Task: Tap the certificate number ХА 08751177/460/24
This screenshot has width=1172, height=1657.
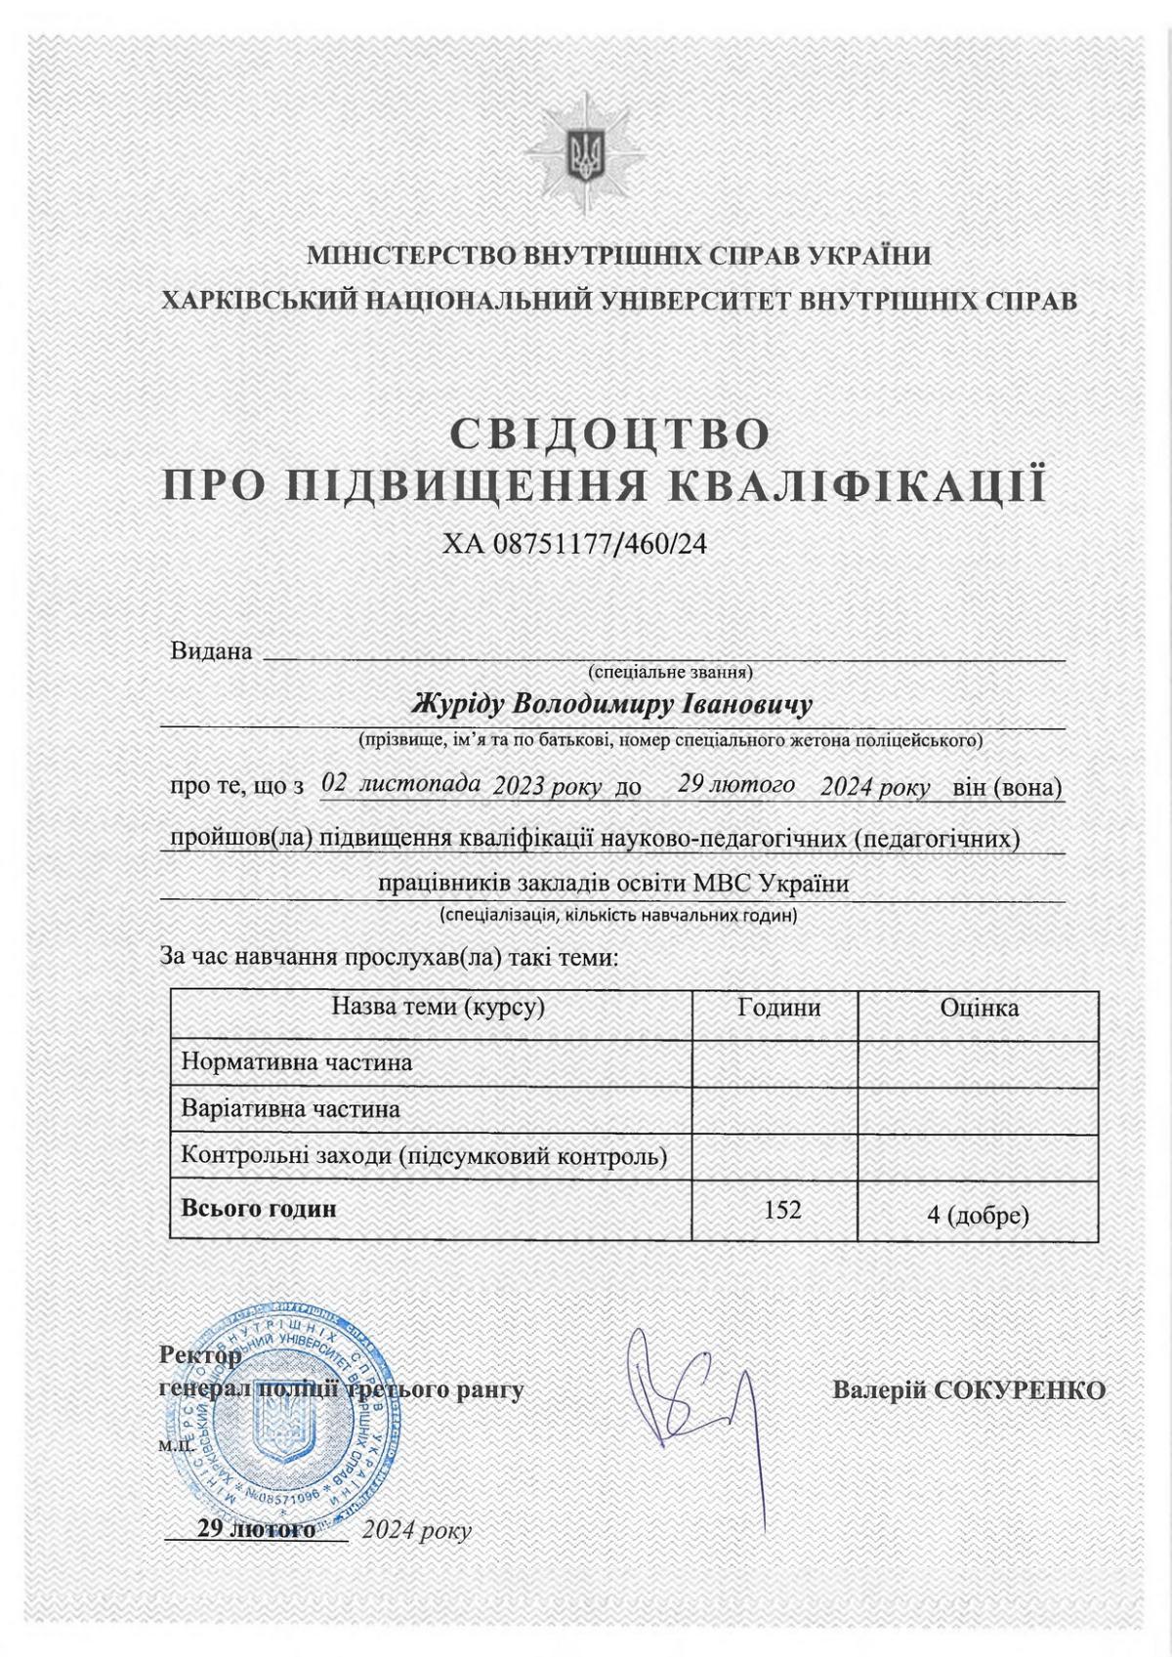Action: coord(573,544)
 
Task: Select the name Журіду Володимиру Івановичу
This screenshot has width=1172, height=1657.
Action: coord(612,704)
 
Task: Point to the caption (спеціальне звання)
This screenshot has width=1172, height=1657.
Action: coord(669,672)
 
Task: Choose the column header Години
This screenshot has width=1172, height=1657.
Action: coord(778,1008)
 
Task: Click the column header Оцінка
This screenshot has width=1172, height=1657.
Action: coord(979,1008)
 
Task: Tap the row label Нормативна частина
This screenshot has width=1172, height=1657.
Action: coord(297,1061)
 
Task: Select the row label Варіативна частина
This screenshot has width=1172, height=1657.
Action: coord(291,1109)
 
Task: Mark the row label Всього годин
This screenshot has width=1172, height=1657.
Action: coord(259,1208)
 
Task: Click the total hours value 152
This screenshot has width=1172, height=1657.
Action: coord(782,1210)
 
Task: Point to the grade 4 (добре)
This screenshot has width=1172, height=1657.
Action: coord(978,1216)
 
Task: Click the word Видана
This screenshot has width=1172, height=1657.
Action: coord(211,651)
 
